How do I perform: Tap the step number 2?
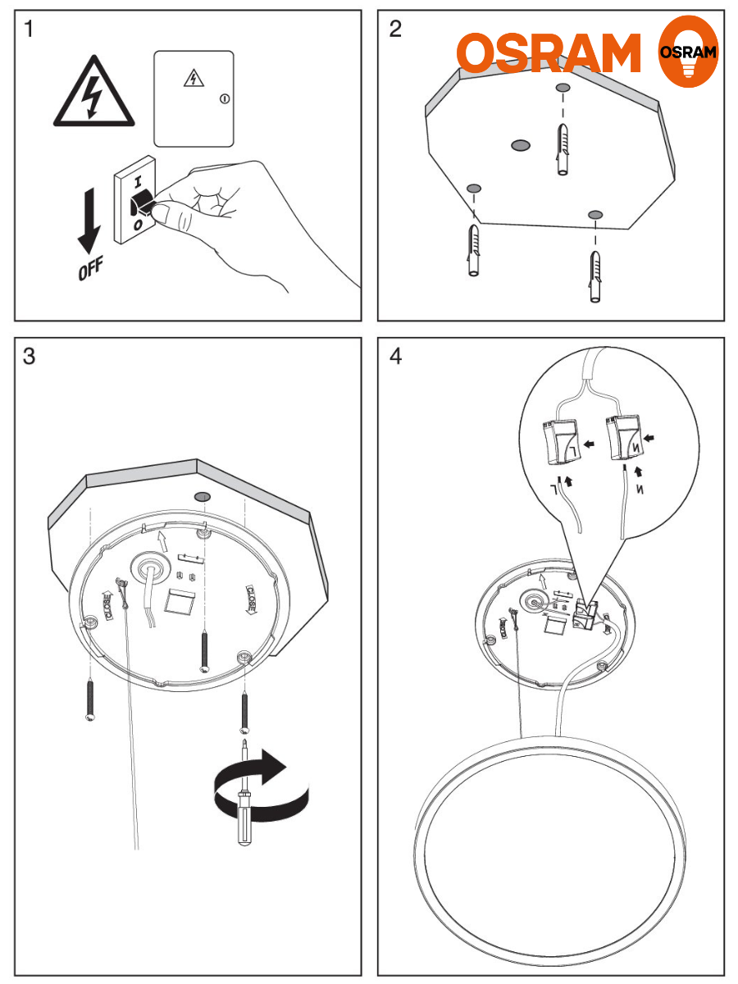[x=395, y=30]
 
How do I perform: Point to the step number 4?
[x=396, y=358]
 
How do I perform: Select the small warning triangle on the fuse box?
[x=192, y=78]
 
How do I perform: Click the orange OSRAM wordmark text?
[x=549, y=54]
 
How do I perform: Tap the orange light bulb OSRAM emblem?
[x=689, y=52]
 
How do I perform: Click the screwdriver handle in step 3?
[x=244, y=820]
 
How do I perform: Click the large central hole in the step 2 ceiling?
[x=519, y=146]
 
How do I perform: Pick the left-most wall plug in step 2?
[x=473, y=251]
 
